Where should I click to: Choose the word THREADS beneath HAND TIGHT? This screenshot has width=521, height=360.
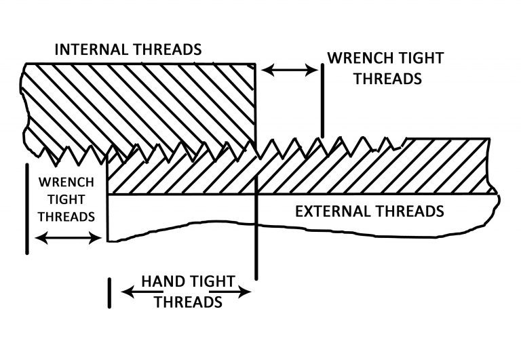pyautogui.click(x=188, y=302)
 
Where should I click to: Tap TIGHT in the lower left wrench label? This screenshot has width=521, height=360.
pyautogui.click(x=66, y=200)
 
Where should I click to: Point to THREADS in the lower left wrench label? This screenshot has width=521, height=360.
pyautogui.click(x=66, y=217)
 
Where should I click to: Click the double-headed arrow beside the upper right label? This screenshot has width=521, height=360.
pyautogui.click(x=289, y=69)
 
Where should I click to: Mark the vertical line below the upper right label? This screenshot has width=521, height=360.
pyautogui.click(x=322, y=102)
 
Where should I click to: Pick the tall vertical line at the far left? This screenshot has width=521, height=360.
pyautogui.click(x=26, y=208)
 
